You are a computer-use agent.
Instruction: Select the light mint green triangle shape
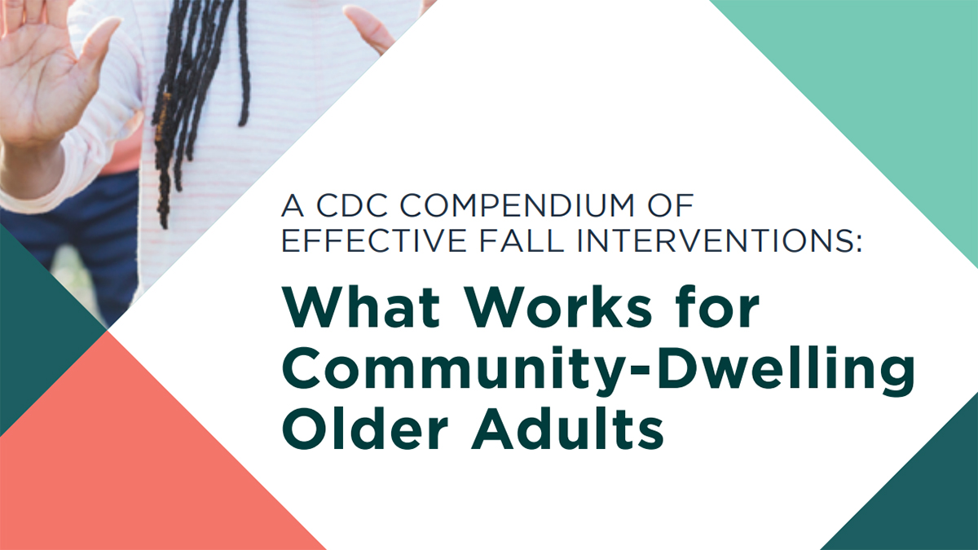coord(880,90)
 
